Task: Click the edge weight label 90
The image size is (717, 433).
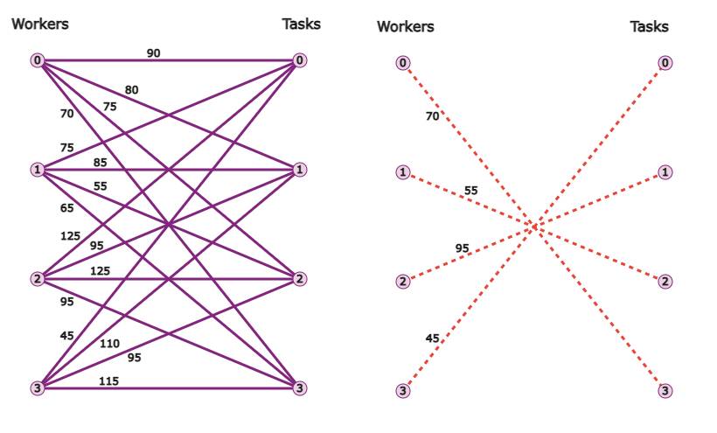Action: [x=154, y=53]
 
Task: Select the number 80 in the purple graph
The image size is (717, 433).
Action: [x=131, y=90]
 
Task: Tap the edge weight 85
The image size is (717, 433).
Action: [x=101, y=163]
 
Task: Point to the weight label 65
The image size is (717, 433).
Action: [x=66, y=208]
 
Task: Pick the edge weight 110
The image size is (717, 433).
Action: [x=110, y=344]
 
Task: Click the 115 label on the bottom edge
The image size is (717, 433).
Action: [x=108, y=381]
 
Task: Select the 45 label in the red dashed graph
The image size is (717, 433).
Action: [x=432, y=339]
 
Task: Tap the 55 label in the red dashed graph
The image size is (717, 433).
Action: [x=471, y=191]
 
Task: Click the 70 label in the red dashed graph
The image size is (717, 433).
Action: [x=432, y=116]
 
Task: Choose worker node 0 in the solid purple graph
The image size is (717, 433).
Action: [x=38, y=59]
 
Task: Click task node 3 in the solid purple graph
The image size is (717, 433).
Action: [x=300, y=388]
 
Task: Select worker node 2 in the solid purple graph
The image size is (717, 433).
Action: [x=38, y=278]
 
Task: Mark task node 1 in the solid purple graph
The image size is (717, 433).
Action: [x=300, y=170]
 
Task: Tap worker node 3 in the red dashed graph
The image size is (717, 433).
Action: [x=403, y=390]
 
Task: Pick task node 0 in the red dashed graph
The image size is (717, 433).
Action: [x=665, y=63]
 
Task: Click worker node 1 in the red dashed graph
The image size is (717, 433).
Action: [x=403, y=172]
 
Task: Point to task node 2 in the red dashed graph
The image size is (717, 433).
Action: [x=665, y=281]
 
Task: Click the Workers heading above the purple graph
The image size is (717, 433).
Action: [x=40, y=24]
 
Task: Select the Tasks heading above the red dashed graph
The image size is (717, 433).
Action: [x=650, y=26]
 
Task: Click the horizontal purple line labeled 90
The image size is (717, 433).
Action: [x=168, y=59]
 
